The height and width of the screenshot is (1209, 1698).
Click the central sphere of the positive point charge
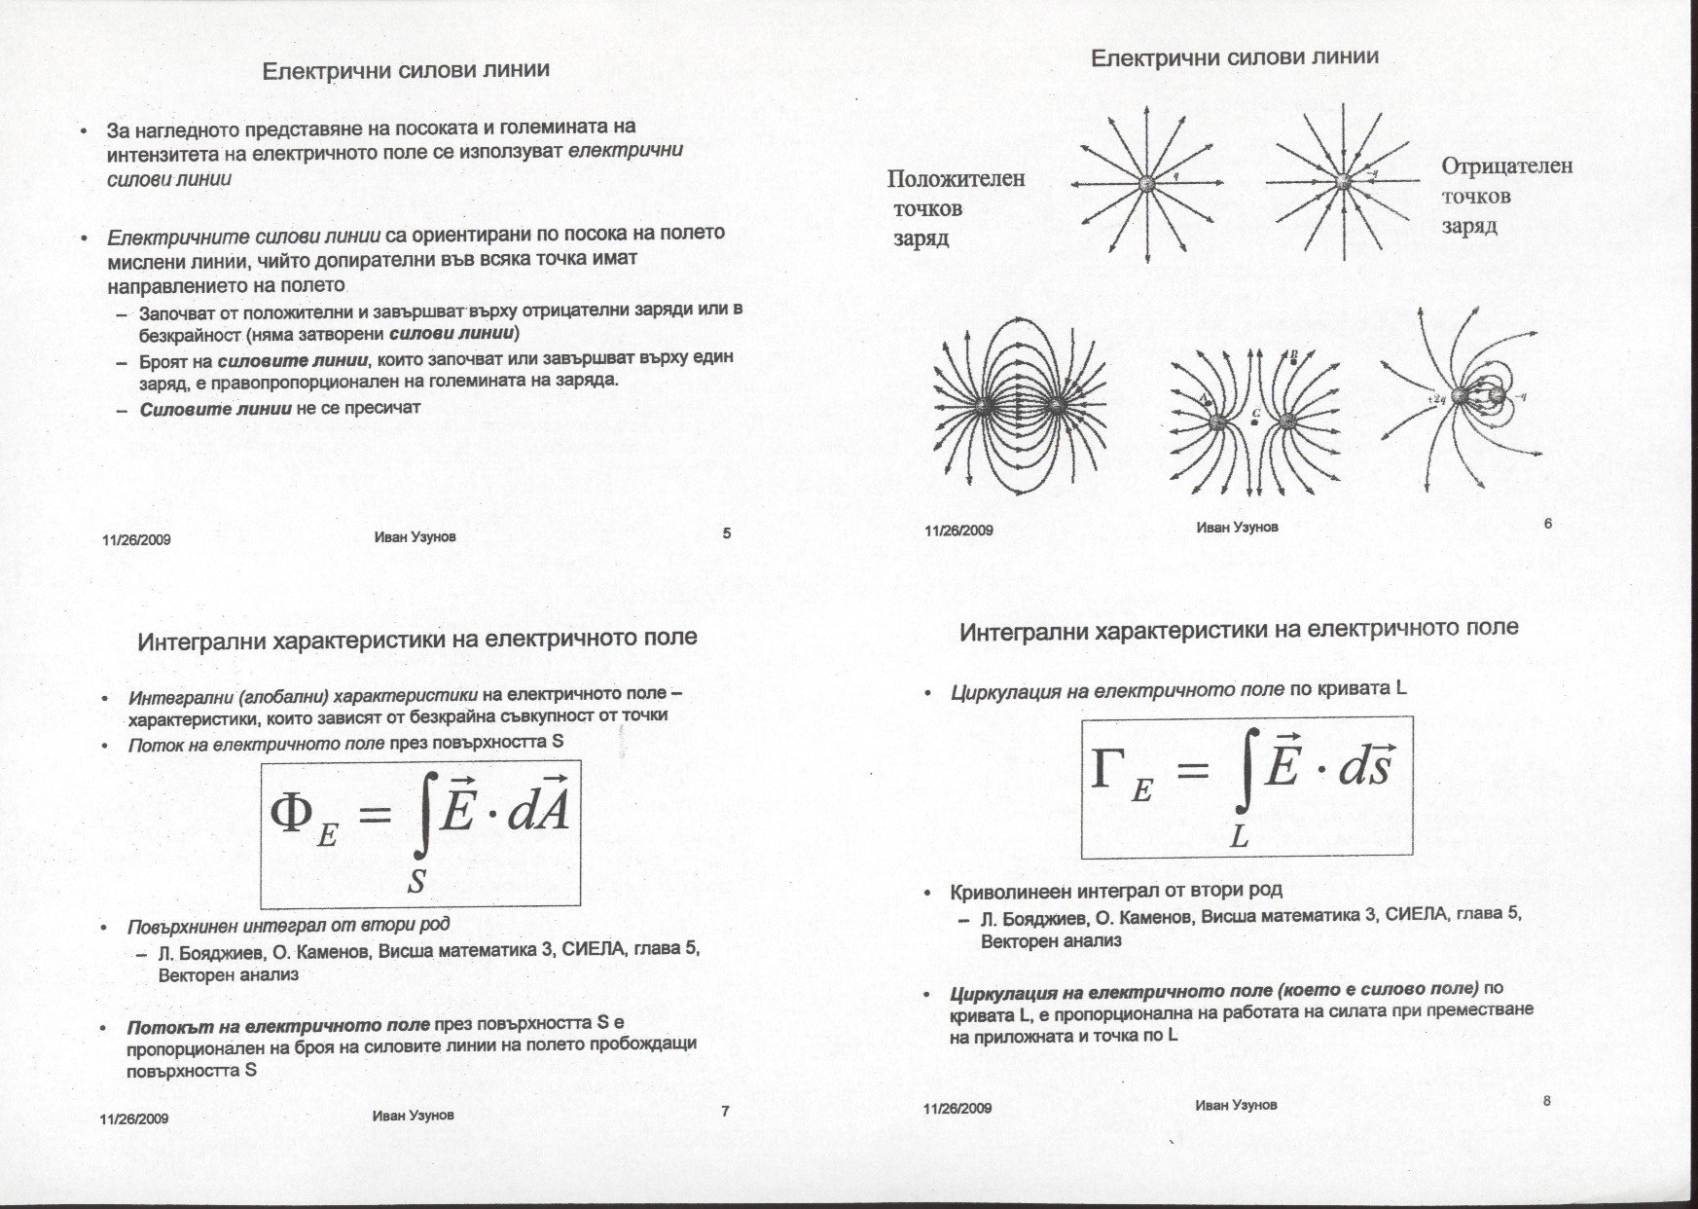click(x=1148, y=183)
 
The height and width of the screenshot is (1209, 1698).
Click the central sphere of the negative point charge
click(x=1344, y=181)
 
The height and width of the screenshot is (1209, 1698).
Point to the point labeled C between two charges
click(x=1255, y=422)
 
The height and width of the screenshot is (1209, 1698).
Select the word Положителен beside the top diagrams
click(x=956, y=179)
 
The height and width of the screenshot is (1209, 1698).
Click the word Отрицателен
click(x=1506, y=166)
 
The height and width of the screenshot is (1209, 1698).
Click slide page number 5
click(x=727, y=533)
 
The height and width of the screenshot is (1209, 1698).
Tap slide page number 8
click(x=1546, y=1102)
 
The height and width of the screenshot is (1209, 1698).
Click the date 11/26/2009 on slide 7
click(x=134, y=1118)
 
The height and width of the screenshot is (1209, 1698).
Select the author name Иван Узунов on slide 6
click(x=1237, y=528)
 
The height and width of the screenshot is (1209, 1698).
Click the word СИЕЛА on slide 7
click(x=594, y=950)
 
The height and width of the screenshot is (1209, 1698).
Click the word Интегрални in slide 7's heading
click(x=201, y=641)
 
